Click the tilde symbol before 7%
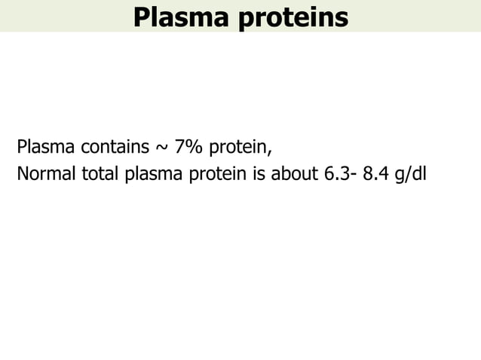(x=163, y=146)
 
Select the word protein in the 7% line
(x=237, y=146)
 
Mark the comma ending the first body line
(x=269, y=150)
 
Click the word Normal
(x=44, y=174)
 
